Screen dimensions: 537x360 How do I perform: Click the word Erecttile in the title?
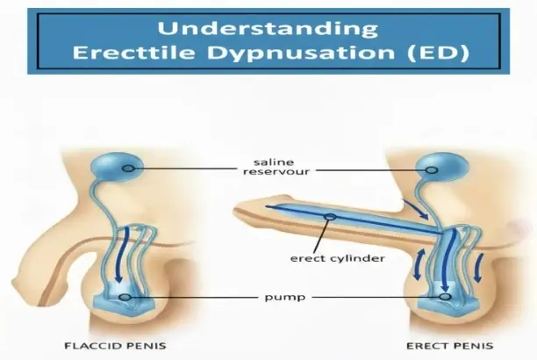pyautogui.click(x=133, y=53)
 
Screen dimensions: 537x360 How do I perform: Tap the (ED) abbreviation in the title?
pyautogui.click(x=439, y=54)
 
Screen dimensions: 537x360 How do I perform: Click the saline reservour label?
pyautogui.click(x=276, y=167)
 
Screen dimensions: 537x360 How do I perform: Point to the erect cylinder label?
pyautogui.click(x=337, y=258)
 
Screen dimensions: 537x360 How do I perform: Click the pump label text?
pyautogui.click(x=285, y=297)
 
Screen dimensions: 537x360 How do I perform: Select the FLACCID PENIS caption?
pyautogui.click(x=115, y=345)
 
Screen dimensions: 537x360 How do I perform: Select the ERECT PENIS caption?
pyautogui.click(x=449, y=346)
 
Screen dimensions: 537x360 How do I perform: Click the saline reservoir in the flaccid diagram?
pyautogui.click(x=117, y=167)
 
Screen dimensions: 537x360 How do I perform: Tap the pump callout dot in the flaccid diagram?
pyautogui.click(x=125, y=297)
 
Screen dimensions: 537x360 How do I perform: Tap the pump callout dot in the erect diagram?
pyautogui.click(x=445, y=297)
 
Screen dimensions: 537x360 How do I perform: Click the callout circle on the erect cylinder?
pyautogui.click(x=331, y=217)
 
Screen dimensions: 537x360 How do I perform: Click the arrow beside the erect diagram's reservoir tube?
pyautogui.click(x=416, y=209)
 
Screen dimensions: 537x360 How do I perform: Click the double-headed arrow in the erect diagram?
pyautogui.click(x=419, y=264)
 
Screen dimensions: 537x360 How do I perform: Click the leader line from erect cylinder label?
pyautogui.click(x=320, y=236)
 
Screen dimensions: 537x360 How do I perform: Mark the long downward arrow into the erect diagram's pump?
pyautogui.click(x=448, y=260)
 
